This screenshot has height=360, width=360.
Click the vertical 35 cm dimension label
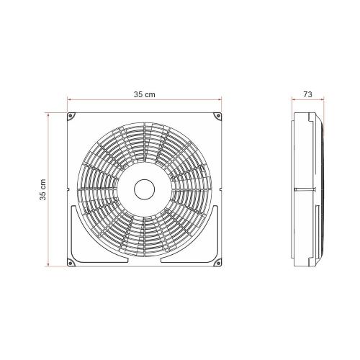pos(44,189)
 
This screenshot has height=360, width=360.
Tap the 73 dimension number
pos(307,94)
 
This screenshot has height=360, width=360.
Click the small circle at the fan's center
pos(145,189)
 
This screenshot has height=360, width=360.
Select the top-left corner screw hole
pos(71,116)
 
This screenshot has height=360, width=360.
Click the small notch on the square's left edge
pos(67,189)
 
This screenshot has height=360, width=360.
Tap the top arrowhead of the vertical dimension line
pos(51,114)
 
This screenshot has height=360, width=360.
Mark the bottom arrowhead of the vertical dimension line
pos(51,265)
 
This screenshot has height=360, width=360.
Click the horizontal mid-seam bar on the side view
pos(306,189)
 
